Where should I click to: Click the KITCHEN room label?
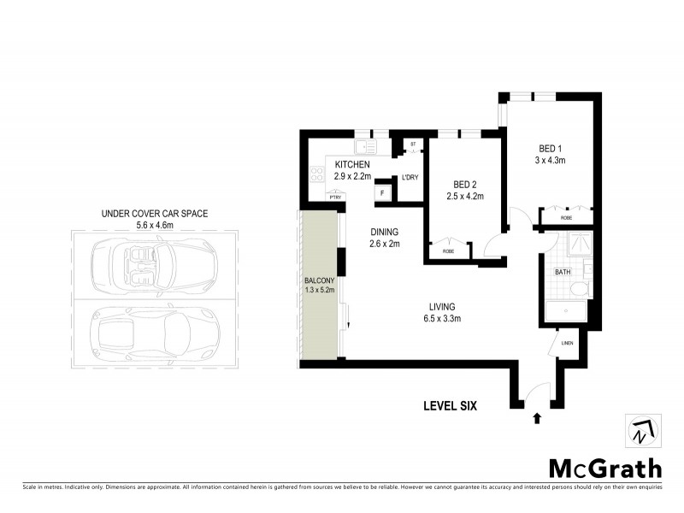[x=351, y=164]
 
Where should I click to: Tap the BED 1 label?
[x=550, y=147]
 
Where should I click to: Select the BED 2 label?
[x=465, y=184]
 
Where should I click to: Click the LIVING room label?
[x=443, y=307]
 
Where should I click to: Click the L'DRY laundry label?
[x=410, y=178]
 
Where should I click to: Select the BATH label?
[x=563, y=272]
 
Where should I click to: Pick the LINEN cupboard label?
[x=567, y=344]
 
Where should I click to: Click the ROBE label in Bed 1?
[x=567, y=218]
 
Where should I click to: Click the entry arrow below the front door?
[x=537, y=418]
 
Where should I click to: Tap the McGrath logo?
[x=604, y=468]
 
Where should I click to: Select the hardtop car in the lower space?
[x=155, y=328]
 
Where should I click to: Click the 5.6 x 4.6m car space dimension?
[x=155, y=226]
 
